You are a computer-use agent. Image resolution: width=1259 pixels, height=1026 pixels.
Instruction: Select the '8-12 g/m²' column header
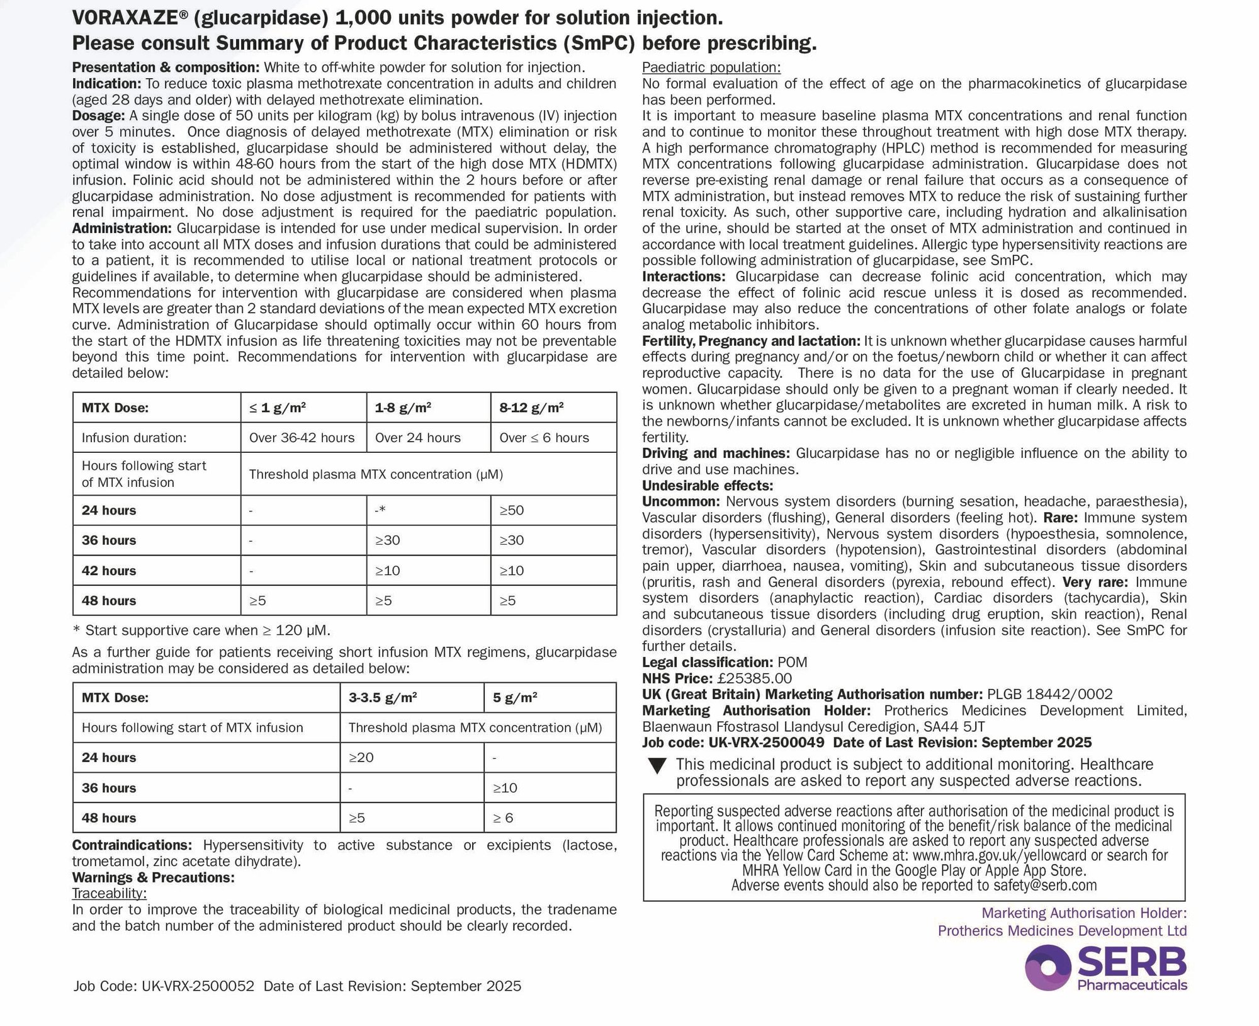(x=531, y=408)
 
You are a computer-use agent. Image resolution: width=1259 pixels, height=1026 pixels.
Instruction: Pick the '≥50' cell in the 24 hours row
(x=512, y=510)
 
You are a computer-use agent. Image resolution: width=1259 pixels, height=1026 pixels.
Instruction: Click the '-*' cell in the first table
(x=380, y=510)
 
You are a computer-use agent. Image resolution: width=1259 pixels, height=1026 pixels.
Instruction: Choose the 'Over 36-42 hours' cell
(x=302, y=438)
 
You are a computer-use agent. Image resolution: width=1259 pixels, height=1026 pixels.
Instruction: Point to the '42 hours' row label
(x=109, y=571)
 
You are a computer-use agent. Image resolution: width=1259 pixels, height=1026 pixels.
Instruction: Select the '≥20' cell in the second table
(x=361, y=758)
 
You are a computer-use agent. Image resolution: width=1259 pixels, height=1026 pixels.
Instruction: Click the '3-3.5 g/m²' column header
(x=383, y=698)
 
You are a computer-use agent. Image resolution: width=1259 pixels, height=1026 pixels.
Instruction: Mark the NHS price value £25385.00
(x=753, y=678)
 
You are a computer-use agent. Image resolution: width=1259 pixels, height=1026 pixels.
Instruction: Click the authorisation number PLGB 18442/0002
(x=1049, y=695)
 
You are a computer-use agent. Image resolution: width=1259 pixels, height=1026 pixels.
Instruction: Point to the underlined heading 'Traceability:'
(x=109, y=894)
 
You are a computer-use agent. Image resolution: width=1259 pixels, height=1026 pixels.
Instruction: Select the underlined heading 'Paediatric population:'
(x=711, y=67)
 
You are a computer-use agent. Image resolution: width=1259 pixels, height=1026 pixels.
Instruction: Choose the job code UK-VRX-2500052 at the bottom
(x=198, y=986)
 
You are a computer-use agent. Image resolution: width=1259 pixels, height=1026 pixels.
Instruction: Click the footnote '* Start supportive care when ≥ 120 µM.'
(x=201, y=630)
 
